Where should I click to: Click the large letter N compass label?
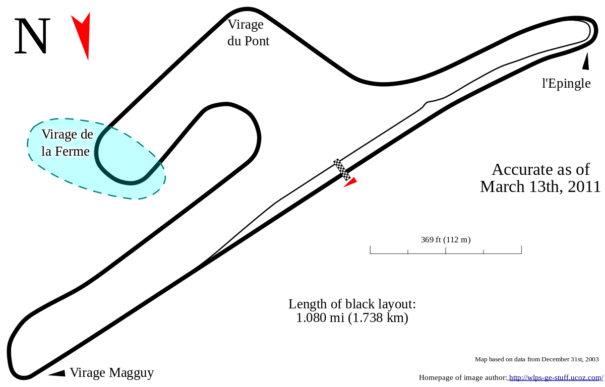click(32, 36)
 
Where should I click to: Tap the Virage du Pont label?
click(248, 33)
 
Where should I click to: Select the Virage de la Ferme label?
click(67, 143)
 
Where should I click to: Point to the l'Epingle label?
click(566, 83)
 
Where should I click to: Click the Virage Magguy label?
click(112, 373)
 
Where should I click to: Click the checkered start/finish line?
click(342, 169)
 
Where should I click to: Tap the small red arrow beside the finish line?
click(351, 182)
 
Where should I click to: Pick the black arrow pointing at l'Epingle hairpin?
click(586, 61)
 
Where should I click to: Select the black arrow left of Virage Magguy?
click(57, 373)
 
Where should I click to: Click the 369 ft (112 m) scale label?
click(446, 239)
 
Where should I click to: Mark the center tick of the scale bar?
click(446, 250)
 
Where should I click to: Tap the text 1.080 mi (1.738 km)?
click(352, 317)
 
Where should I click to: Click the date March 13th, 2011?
click(540, 186)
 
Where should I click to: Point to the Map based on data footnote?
click(537, 359)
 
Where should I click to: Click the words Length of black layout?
click(352, 304)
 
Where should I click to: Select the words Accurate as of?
click(540, 169)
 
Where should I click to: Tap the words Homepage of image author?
click(463, 377)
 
